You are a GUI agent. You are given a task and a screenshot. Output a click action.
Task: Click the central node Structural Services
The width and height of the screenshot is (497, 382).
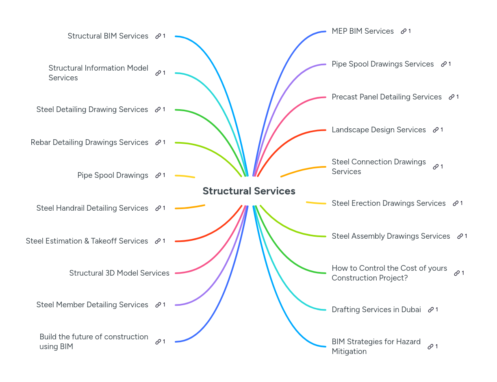point(249,191)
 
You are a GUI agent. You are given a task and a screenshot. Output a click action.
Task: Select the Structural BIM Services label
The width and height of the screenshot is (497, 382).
point(108,36)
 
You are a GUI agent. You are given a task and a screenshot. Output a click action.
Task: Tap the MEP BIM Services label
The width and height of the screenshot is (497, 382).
point(362,31)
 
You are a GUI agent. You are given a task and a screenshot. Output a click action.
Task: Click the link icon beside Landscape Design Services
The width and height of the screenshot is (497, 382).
point(436,130)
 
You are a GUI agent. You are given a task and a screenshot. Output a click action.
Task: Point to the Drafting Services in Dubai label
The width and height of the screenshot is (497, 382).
point(376,309)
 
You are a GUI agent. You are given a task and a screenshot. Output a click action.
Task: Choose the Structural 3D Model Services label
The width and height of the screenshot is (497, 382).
point(119,273)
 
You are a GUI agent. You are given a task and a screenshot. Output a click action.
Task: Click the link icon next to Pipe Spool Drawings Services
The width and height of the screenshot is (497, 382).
point(444,64)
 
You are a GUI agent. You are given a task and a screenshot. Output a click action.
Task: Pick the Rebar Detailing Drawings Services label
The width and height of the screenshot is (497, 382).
point(89,142)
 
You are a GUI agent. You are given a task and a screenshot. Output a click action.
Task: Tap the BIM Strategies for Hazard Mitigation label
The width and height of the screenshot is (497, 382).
point(376,346)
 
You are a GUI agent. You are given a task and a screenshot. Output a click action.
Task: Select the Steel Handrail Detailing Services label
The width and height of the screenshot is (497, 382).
point(92,208)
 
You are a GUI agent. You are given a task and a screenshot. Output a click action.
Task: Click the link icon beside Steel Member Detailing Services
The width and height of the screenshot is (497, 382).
point(158,305)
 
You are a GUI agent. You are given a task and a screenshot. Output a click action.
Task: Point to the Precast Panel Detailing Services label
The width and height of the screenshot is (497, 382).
point(386,97)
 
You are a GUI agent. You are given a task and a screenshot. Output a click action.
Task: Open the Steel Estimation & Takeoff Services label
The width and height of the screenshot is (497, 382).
point(87,241)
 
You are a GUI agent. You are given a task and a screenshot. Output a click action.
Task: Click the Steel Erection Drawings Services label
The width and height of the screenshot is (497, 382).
point(388,203)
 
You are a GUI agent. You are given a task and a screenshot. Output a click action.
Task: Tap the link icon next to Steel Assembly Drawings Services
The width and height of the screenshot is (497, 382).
point(460,236)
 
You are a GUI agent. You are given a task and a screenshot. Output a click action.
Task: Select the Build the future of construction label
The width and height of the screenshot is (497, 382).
point(93,341)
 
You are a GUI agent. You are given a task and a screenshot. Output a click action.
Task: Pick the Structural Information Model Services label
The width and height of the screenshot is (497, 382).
point(98,73)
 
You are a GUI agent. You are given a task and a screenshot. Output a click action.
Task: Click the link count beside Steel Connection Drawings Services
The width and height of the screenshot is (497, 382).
point(442,166)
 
